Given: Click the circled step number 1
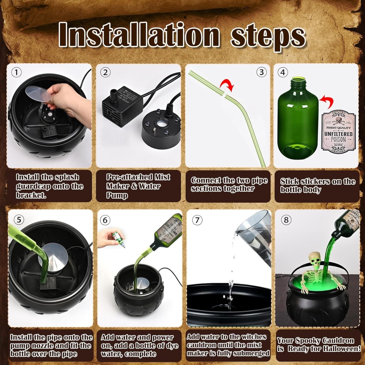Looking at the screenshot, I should pyautogui.click(x=16, y=72).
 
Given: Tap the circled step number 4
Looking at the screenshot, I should pyautogui.click(x=283, y=72).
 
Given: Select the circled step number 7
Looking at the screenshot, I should pyautogui.click(x=197, y=220).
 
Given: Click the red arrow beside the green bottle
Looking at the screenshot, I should pyautogui.click(x=327, y=102).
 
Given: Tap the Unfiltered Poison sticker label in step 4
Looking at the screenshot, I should pyautogui.click(x=338, y=131).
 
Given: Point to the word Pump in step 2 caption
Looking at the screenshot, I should pyautogui.click(x=117, y=195).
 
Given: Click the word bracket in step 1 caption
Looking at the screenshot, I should pyautogui.click(x=31, y=195).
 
